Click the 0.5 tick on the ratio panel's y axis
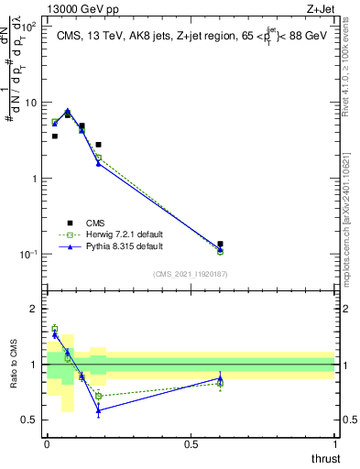(32, 420)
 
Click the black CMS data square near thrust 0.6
(220, 245)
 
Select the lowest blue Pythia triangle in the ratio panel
(98, 410)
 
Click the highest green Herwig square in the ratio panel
(55, 328)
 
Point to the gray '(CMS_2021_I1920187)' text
(190, 273)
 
